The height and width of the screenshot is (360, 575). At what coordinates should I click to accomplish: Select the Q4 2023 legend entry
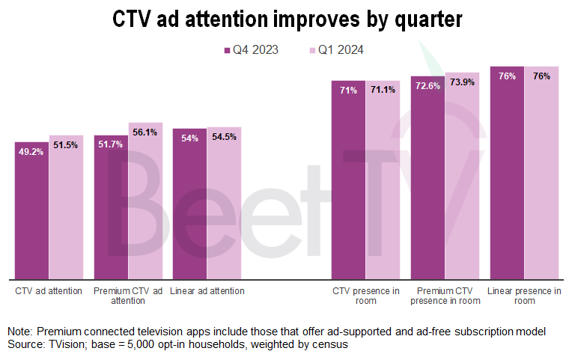pyautogui.click(x=251, y=50)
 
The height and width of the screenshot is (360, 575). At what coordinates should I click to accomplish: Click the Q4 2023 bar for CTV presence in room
pyautogui.click(x=348, y=180)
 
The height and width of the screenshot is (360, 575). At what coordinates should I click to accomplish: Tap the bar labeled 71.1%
pyautogui.click(x=383, y=180)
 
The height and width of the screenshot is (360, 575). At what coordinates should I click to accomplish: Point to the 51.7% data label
pyautogui.click(x=111, y=145)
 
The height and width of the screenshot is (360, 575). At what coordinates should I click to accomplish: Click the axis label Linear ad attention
pyautogui.click(x=207, y=291)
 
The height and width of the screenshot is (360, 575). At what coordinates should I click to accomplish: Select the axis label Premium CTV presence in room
pyautogui.click(x=445, y=296)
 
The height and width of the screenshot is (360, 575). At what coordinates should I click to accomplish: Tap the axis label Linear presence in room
pyautogui.click(x=524, y=296)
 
